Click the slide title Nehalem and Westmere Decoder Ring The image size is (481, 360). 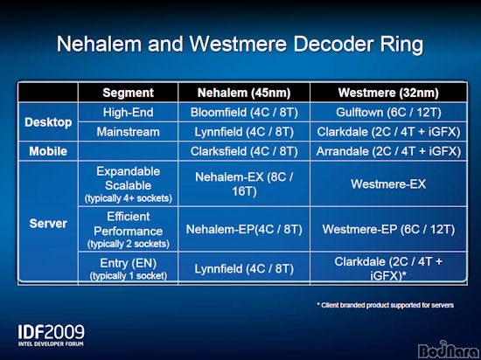click(x=240, y=45)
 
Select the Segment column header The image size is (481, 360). click(x=129, y=93)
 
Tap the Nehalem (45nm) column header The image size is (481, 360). click(x=244, y=93)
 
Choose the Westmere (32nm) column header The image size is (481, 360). click(x=388, y=93)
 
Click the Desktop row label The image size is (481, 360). click(x=48, y=122)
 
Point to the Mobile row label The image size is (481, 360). click(x=48, y=151)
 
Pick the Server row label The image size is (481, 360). click(x=48, y=224)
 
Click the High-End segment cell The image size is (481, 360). click(x=129, y=113)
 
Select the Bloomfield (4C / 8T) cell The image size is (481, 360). click(x=244, y=113)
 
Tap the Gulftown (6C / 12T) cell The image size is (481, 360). click(x=388, y=113)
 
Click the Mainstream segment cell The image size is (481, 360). click(x=129, y=132)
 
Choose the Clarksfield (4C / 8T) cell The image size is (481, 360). click(x=244, y=151)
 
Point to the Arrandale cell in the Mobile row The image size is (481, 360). click(x=388, y=151)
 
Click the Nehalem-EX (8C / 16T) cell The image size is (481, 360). click(x=244, y=184)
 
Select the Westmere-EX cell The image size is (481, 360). click(x=388, y=184)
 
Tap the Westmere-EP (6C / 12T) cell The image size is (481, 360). click(x=388, y=230)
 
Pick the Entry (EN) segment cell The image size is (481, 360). click(x=129, y=269)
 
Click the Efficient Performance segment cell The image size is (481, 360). click(x=129, y=230)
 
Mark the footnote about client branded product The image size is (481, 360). click(x=386, y=305)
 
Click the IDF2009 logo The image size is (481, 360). click(x=51, y=336)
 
